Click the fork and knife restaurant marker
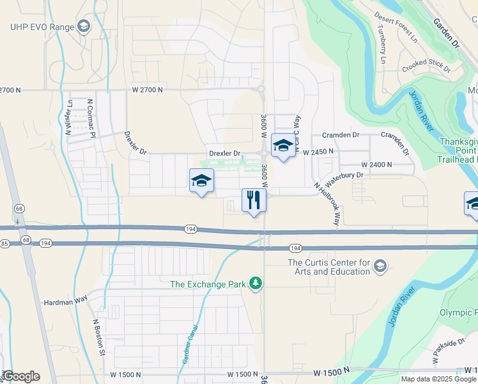[x=254, y=200]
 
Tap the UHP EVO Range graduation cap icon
[x=83, y=26]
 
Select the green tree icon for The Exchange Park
[x=256, y=283]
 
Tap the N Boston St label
[x=98, y=337]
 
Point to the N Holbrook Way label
[x=326, y=203]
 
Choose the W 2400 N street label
[x=376, y=164]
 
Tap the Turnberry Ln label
[x=382, y=42]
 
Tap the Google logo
[x=21, y=376]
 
